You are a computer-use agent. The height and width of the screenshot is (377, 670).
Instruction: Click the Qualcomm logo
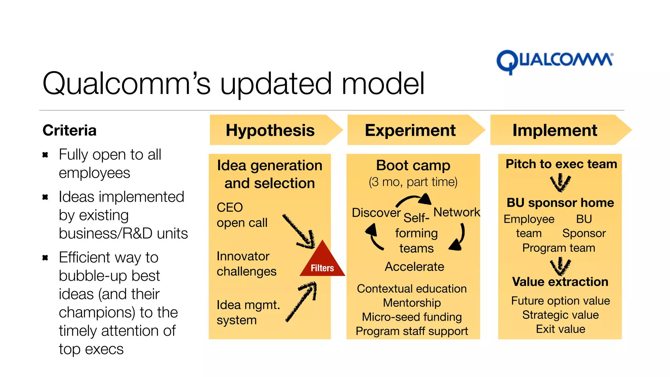point(555,62)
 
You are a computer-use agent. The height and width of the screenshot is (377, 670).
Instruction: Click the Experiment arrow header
point(411,130)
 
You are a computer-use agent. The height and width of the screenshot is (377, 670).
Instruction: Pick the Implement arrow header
point(555,130)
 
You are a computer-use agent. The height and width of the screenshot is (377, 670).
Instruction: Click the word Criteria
point(69,130)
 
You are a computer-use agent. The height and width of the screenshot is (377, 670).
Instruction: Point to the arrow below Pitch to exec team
point(560,183)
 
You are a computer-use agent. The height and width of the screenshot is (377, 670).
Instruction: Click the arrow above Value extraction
point(560,266)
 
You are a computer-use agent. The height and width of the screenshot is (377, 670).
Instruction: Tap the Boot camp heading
point(413,165)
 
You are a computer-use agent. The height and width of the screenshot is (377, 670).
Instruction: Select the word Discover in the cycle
point(376,213)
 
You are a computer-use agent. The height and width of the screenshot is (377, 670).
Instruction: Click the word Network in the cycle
point(457,212)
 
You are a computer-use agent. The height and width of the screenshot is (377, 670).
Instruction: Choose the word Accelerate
point(414,267)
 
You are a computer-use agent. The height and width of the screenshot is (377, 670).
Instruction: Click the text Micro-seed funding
point(412,317)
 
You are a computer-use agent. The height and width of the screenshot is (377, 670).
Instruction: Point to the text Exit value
point(560,329)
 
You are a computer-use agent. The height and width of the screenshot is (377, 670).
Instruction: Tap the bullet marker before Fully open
point(45,155)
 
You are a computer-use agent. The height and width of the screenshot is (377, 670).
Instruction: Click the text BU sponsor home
point(560,203)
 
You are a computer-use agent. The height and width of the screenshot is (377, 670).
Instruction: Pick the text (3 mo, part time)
point(413,182)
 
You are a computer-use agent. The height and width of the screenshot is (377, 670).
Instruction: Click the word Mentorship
point(412,303)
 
